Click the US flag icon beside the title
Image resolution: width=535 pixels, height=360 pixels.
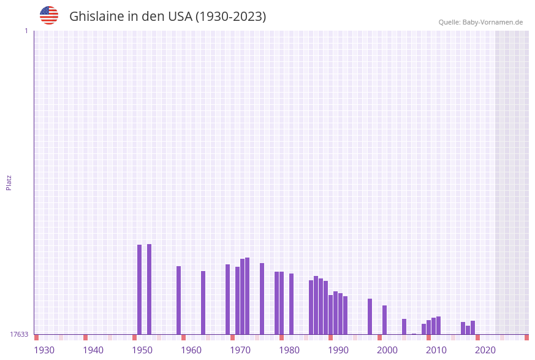pos(49,15)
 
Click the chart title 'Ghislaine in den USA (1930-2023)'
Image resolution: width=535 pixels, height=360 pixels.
pos(167,17)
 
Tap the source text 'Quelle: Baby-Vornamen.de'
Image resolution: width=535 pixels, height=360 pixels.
pos(480,22)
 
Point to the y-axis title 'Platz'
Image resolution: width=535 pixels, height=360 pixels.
pos(9,182)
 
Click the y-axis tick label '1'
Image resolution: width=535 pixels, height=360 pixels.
pos(26,31)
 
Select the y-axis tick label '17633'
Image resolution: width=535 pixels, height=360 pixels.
pos(19,334)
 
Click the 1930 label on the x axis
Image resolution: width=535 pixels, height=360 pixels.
pos(44,350)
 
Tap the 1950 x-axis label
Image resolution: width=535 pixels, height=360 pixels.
pos(142,350)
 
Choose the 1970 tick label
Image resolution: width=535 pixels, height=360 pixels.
pos(240,350)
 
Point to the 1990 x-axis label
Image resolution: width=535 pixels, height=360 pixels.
pos(338,350)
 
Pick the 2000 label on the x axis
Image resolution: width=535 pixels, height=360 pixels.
pos(387,350)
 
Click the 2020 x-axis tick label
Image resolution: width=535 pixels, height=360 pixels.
pos(485,350)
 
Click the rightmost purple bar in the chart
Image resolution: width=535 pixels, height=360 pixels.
pos(472,327)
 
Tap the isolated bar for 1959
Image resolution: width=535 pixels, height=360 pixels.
pos(178,300)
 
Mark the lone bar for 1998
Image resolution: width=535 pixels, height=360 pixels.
pos(370,316)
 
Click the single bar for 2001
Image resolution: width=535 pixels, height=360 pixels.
pos(384,320)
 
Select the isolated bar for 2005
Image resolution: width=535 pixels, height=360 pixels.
pos(404,326)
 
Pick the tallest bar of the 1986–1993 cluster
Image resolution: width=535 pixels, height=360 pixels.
pos(316,305)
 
